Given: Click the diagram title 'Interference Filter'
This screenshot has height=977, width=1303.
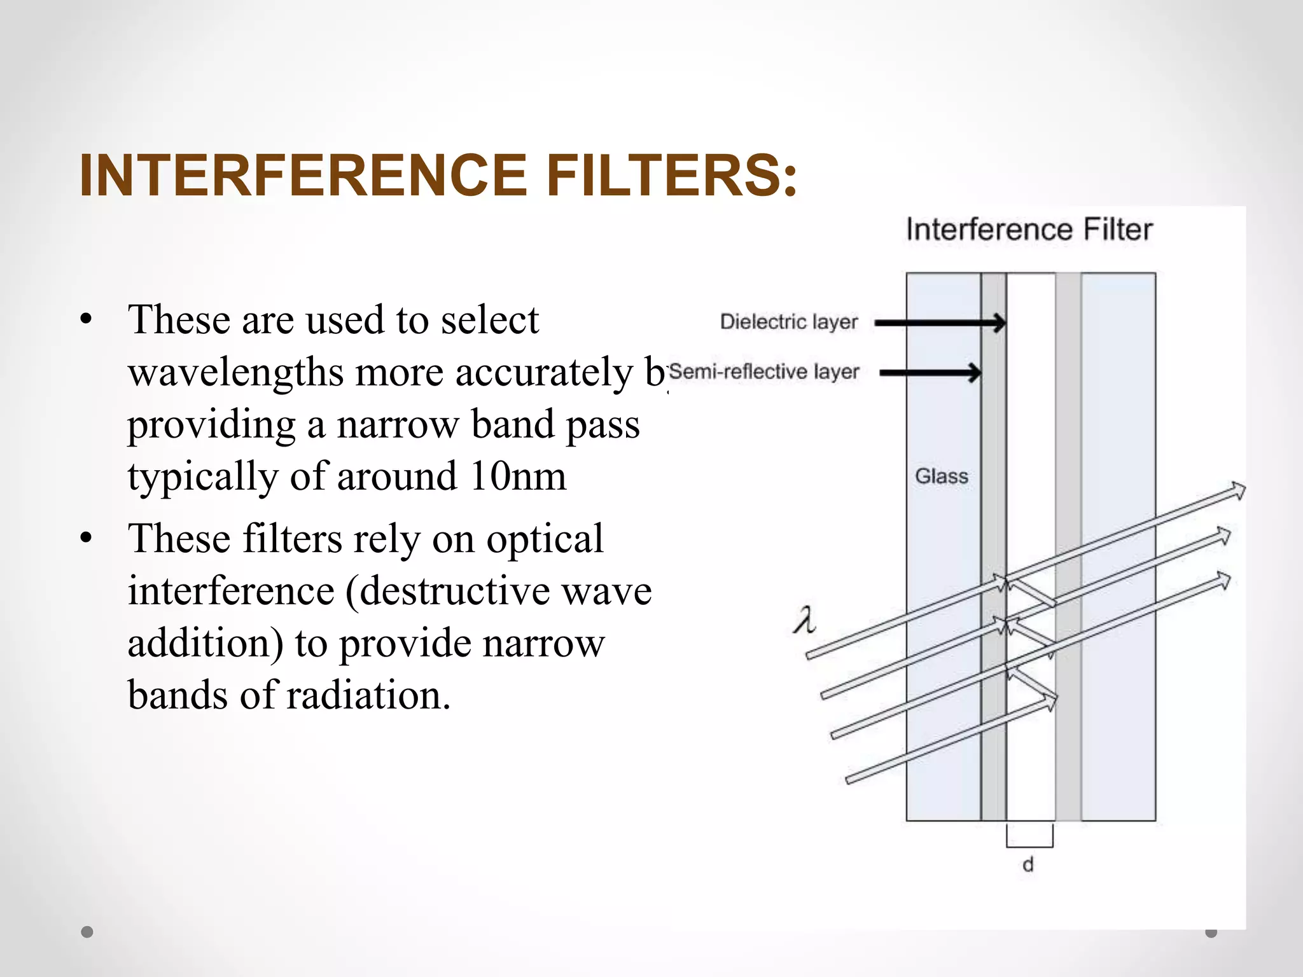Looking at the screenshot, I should pyautogui.click(x=1029, y=230).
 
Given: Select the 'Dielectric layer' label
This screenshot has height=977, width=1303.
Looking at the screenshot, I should pyautogui.click(x=789, y=322).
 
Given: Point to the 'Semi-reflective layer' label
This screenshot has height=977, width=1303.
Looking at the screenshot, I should pyautogui.click(x=765, y=371).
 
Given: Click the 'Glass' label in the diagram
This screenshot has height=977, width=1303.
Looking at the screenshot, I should pyautogui.click(x=942, y=476).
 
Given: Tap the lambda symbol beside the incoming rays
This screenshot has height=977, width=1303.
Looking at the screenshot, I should pyautogui.click(x=804, y=620).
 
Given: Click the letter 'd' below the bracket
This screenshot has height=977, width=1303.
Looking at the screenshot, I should pyautogui.click(x=1028, y=865).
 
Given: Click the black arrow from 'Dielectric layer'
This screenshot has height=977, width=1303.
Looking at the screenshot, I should pyautogui.click(x=940, y=323).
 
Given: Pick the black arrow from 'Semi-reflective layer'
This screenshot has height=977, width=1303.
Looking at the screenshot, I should pyautogui.click(x=930, y=373).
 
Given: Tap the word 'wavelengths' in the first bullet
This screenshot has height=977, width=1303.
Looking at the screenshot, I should pyautogui.click(x=235, y=373).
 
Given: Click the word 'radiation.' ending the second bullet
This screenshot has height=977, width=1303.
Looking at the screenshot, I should pyautogui.click(x=369, y=695).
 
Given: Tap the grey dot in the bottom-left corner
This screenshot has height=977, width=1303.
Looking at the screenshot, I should pyautogui.click(x=87, y=932).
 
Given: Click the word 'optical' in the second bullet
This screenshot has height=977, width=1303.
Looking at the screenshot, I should pyautogui.click(x=545, y=539).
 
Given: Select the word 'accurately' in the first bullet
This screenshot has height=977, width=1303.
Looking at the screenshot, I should pyautogui.click(x=545, y=373).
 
